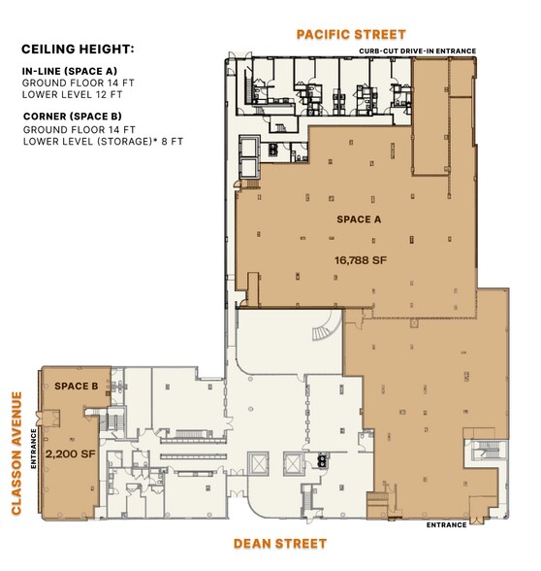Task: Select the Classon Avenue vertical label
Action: pyautogui.click(x=17, y=452)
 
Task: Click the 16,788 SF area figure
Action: pyautogui.click(x=360, y=260)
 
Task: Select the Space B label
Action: pyautogui.click(x=76, y=386)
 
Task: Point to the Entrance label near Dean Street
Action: pyautogui.click(x=446, y=525)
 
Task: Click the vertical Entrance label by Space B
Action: pyautogui.click(x=34, y=448)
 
